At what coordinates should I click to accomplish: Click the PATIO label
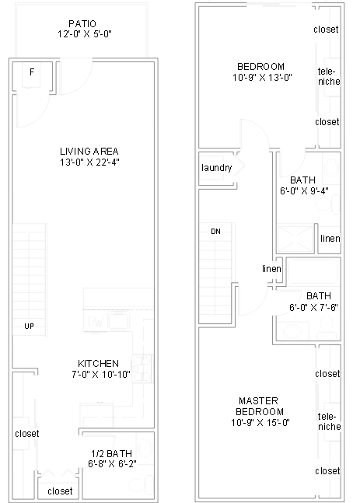pos(82,23)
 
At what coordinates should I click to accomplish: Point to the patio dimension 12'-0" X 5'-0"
pos(82,35)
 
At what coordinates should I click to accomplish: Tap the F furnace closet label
pos(32,72)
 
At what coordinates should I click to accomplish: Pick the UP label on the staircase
pos(28,326)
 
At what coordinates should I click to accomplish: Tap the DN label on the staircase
pos(215,232)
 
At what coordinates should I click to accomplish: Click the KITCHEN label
pos(98,364)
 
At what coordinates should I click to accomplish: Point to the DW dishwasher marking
pos(96,322)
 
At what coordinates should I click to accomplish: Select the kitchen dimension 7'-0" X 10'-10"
pos(98,376)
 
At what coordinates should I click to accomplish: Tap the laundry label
pos(217,169)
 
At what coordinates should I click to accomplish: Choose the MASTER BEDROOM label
pos(260,406)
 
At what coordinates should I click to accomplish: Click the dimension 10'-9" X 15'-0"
pos(260,423)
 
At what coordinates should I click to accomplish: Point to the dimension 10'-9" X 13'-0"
pos(260,78)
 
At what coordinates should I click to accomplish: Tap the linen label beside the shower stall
pos(330,239)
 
